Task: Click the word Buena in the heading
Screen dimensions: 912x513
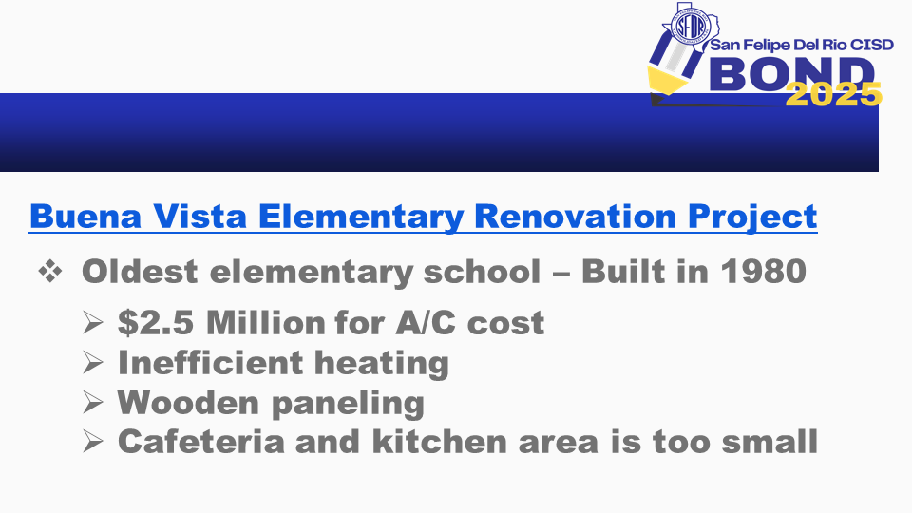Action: point(85,216)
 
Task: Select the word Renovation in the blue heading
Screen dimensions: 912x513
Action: point(575,216)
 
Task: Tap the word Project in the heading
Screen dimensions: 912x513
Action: point(752,218)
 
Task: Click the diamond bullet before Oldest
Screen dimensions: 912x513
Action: point(50,272)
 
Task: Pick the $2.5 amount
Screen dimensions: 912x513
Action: point(156,322)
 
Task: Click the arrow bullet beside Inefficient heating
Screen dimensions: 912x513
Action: point(92,362)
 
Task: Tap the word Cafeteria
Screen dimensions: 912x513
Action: point(201,442)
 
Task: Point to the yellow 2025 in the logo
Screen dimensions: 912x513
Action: point(833,94)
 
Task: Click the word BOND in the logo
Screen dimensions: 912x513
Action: point(792,73)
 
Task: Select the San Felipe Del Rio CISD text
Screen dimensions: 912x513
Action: point(802,45)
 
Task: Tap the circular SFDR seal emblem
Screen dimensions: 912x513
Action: point(691,27)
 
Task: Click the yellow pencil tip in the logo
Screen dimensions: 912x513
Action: point(667,80)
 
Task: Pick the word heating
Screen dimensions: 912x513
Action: point(382,364)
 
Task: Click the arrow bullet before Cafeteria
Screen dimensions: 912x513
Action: point(92,442)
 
